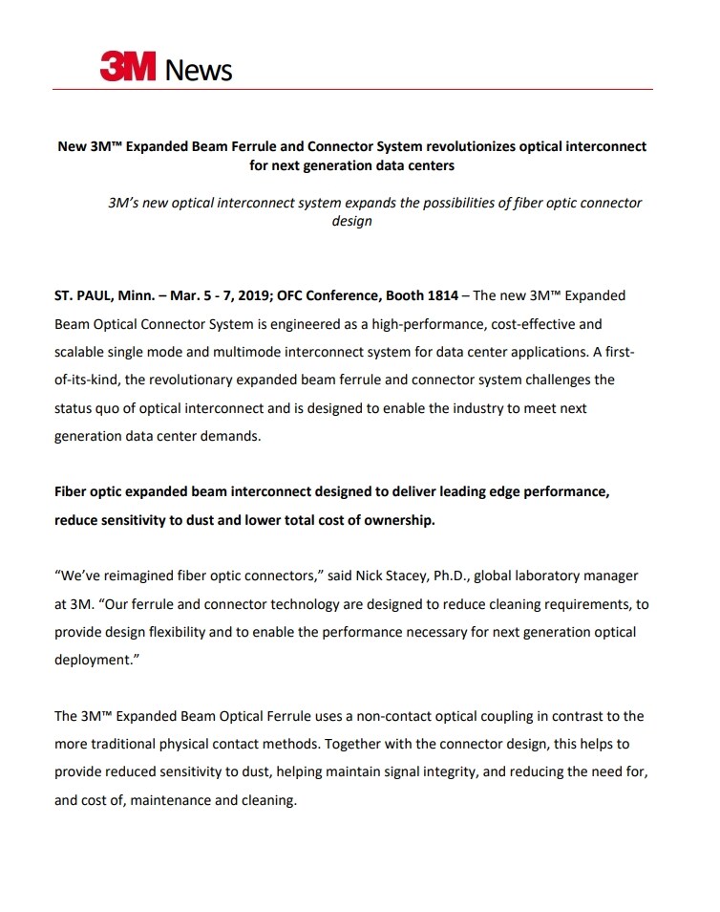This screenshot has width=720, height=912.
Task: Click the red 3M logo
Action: click(x=129, y=68)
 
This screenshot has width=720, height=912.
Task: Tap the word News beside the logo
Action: click(x=199, y=70)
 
